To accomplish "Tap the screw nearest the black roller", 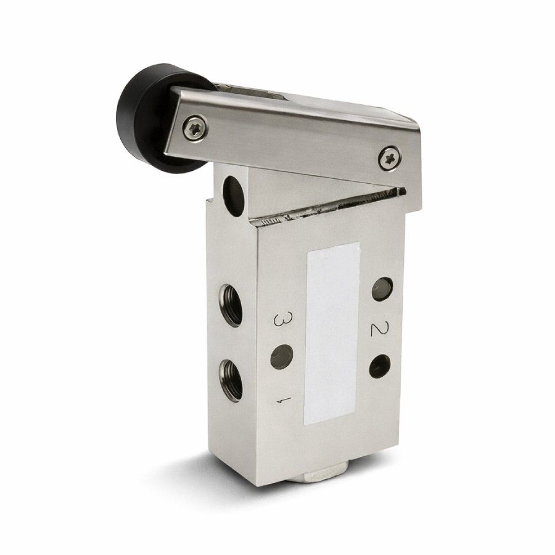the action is coord(195,128).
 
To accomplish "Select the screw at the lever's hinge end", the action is coord(390,158).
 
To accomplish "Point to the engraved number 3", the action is coord(284,319).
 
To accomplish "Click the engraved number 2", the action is coord(379,328).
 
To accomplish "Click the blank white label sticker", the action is coord(332,333).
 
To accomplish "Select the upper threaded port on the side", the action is coord(231,305).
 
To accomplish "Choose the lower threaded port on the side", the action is coord(231,380).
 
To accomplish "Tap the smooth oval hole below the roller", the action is coord(233,196).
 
